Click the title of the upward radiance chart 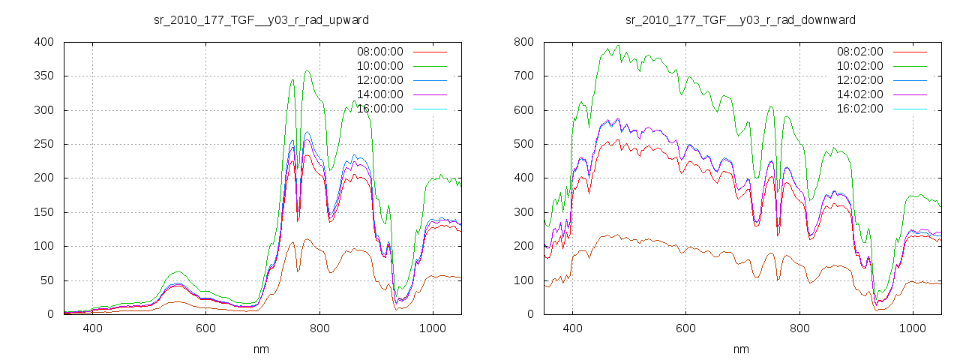(x=261, y=19)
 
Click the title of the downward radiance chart (x=740, y=19)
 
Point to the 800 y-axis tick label (x=523, y=42)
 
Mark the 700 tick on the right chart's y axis (x=523, y=76)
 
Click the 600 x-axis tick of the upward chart (x=206, y=328)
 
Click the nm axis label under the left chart (x=261, y=349)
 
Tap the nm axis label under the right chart (x=741, y=349)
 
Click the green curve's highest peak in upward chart (x=307, y=70)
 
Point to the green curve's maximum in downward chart (x=618, y=45)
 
